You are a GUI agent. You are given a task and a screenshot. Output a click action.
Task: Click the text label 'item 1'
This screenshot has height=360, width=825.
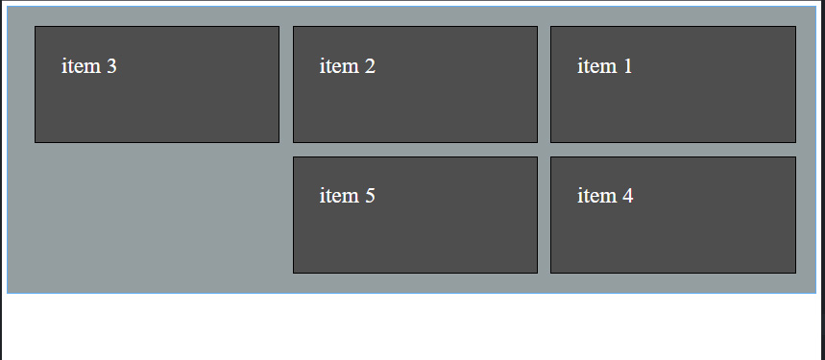pyautogui.click(x=604, y=66)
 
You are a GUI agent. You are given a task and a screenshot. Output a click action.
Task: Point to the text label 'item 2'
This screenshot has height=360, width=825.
pyautogui.click(x=347, y=66)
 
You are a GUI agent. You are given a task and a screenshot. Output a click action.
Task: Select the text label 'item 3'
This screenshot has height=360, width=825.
pyautogui.click(x=89, y=66)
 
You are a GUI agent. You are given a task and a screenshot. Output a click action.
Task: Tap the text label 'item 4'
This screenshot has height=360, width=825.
pyautogui.click(x=604, y=196)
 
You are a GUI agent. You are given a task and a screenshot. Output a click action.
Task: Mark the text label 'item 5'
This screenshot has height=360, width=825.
pyautogui.click(x=347, y=196)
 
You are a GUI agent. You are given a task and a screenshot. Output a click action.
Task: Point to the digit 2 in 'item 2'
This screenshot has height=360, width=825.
pyautogui.click(x=370, y=66)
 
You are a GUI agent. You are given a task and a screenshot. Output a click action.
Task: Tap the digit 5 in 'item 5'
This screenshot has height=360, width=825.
pyautogui.click(x=370, y=196)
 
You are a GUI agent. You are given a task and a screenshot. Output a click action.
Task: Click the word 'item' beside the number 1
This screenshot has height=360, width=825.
pyautogui.click(x=596, y=66)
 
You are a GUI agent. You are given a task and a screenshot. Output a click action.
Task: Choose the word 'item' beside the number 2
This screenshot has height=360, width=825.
pyautogui.click(x=339, y=66)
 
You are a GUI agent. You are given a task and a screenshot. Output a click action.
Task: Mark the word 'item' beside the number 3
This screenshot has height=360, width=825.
pyautogui.click(x=81, y=66)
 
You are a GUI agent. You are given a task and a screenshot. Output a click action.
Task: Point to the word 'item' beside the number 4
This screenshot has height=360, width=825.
pyautogui.click(x=596, y=196)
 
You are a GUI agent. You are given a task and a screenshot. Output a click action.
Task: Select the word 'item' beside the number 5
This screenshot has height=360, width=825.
pyautogui.click(x=339, y=196)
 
